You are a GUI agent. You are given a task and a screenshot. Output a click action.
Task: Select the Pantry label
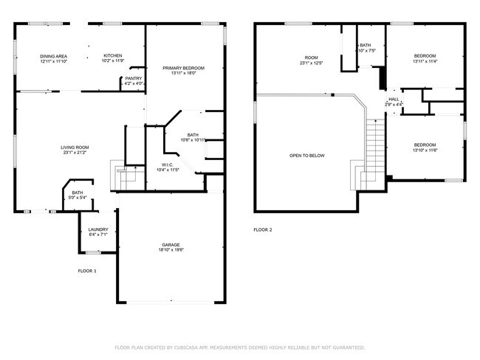tap(134, 80)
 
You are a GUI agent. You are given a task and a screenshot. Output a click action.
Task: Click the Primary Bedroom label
tap(183, 70)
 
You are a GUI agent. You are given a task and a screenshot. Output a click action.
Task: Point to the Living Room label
tap(75, 150)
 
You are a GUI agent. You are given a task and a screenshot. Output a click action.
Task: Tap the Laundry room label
tap(98, 232)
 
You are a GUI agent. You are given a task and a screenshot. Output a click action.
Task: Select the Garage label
tap(171, 247)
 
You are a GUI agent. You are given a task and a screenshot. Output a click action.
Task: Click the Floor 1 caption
tap(87, 271)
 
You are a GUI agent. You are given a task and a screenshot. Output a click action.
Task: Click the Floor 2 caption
tap(263, 230)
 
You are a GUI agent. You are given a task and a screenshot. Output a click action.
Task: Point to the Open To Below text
tap(306, 156)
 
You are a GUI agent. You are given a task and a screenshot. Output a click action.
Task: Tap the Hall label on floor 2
tap(394, 102)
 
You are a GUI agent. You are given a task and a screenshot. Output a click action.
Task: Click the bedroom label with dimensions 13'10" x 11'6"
tap(425, 147)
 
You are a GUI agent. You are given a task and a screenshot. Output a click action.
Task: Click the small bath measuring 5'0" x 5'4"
tap(78, 195)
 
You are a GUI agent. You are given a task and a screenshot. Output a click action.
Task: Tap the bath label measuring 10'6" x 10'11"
tap(193, 137)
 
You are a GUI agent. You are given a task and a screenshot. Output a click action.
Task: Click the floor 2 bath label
tap(366, 48)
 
